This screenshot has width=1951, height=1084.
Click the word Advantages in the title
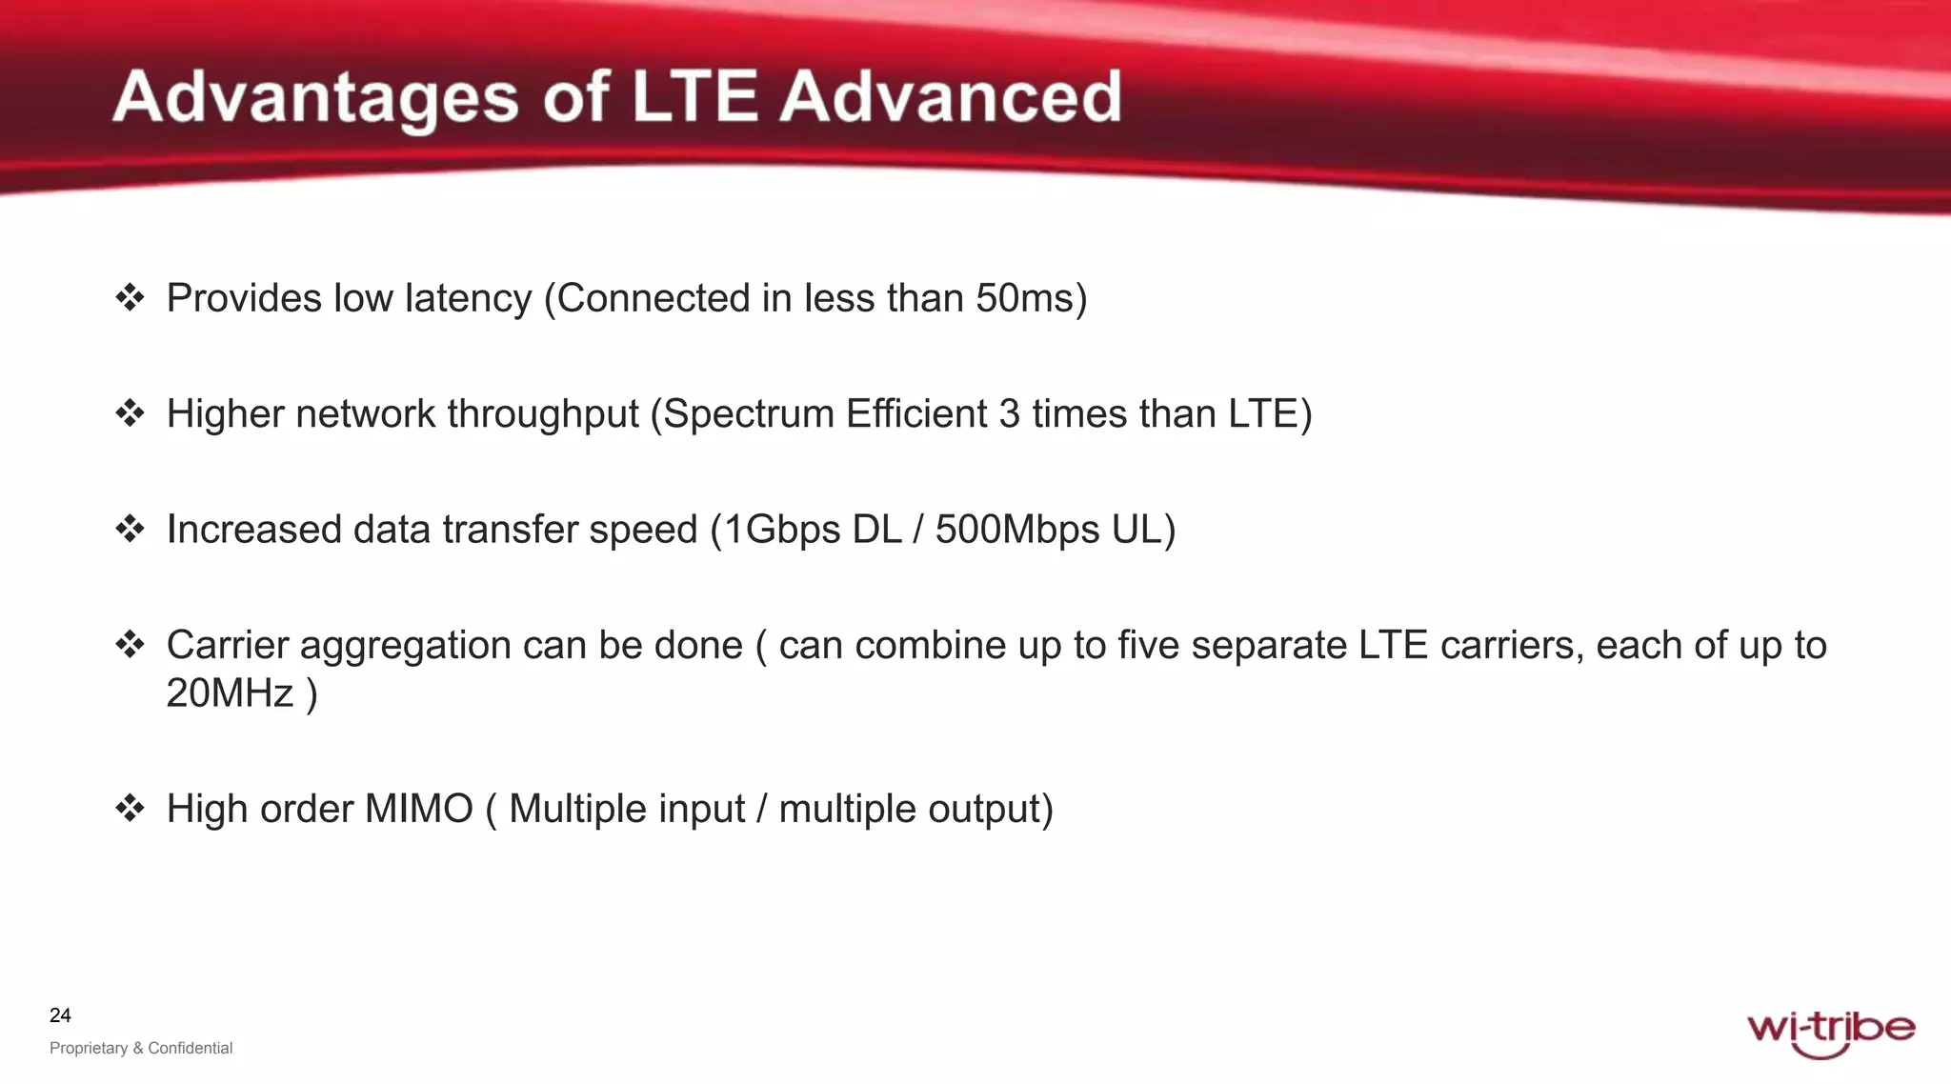tap(315, 98)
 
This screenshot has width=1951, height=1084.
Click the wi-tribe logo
tap(1830, 1033)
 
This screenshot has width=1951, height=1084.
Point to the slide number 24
tap(60, 1015)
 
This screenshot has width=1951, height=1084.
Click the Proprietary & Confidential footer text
tap(141, 1048)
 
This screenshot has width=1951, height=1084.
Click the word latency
tap(468, 299)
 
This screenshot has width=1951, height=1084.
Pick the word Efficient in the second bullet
tap(916, 414)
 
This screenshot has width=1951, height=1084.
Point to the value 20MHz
tap(230, 693)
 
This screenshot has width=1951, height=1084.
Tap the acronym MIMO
tap(418, 809)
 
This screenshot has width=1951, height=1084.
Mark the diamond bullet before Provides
tap(130, 298)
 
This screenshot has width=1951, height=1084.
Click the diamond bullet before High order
tap(130, 809)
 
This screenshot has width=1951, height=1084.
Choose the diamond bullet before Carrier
tap(130, 645)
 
